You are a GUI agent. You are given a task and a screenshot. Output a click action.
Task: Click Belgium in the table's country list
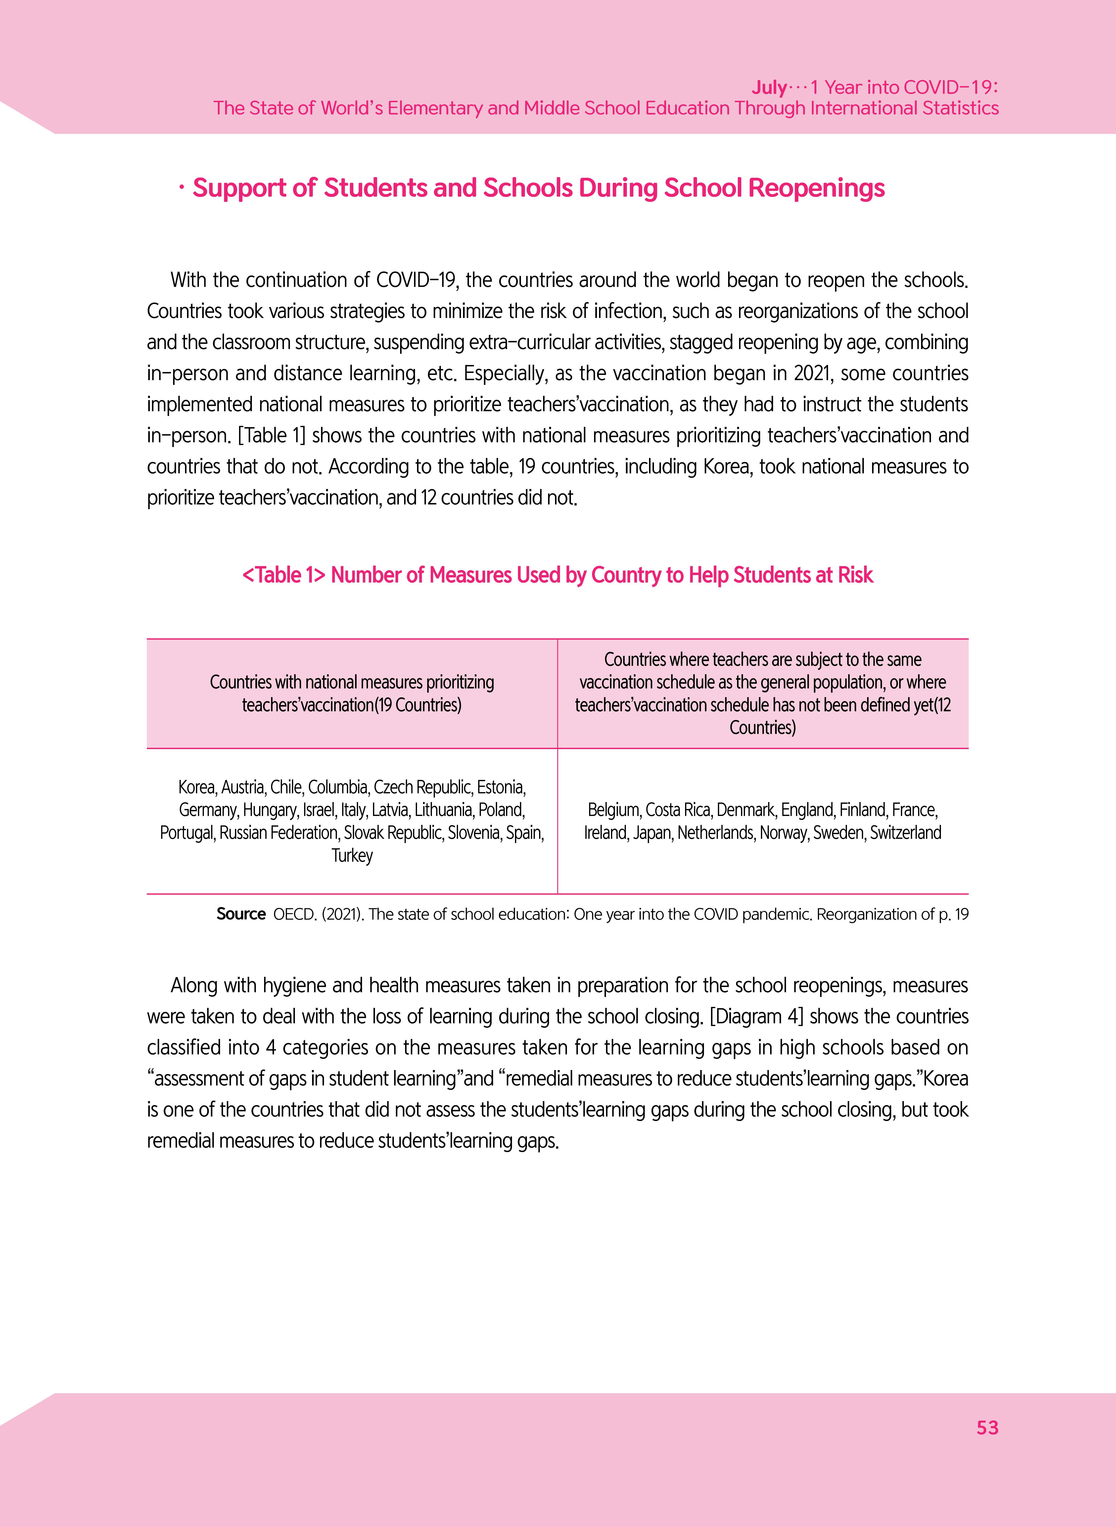click(x=613, y=810)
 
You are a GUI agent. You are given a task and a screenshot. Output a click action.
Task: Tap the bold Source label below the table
click(x=240, y=914)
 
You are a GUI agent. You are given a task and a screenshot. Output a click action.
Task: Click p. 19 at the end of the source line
click(x=953, y=914)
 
